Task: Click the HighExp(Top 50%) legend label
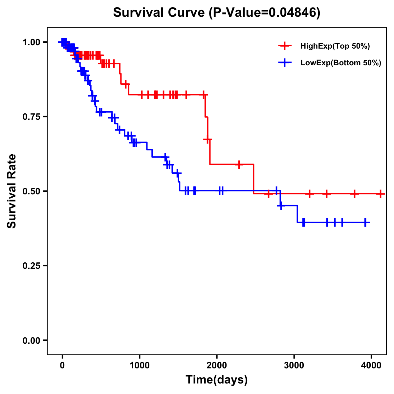point(335,46)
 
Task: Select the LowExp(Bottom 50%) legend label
point(341,63)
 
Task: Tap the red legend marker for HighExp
point(285,46)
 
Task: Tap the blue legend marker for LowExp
point(285,63)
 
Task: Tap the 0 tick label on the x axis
point(62,365)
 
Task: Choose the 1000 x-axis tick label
point(140,365)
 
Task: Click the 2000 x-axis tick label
point(217,365)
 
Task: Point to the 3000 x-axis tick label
point(294,365)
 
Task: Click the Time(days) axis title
point(217,380)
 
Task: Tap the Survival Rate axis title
point(12,191)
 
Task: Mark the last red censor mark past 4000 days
point(380,194)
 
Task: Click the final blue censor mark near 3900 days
point(365,222)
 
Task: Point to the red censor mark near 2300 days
point(239,164)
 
